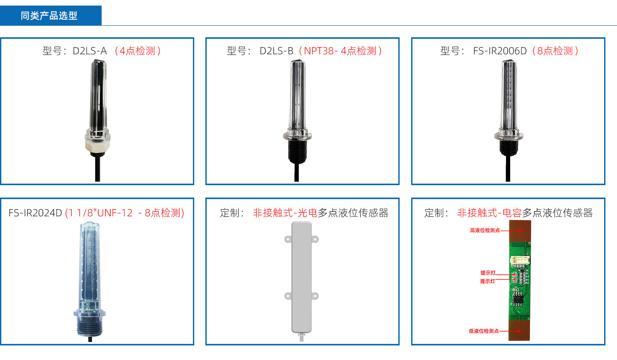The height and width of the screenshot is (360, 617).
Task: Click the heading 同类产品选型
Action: (49, 16)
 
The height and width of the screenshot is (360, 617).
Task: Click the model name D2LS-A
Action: (90, 51)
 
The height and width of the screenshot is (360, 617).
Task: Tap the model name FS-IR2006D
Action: (500, 51)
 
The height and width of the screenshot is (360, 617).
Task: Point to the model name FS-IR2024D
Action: (35, 213)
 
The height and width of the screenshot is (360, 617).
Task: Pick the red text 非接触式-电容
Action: (489, 213)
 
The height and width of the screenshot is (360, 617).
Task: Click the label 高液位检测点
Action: (485, 231)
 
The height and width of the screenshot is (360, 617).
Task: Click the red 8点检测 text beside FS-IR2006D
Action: (556, 51)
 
